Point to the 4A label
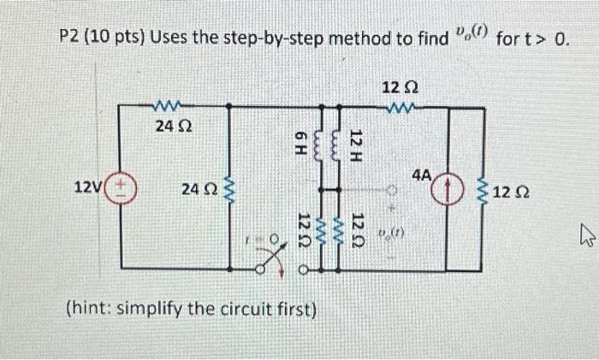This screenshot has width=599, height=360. tap(422, 175)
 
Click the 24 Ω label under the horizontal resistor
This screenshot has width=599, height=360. tap(173, 127)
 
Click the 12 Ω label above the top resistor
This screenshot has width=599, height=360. tap(400, 88)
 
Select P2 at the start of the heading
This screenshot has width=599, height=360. tap(73, 39)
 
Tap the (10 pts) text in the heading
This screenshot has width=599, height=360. tap(119, 39)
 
